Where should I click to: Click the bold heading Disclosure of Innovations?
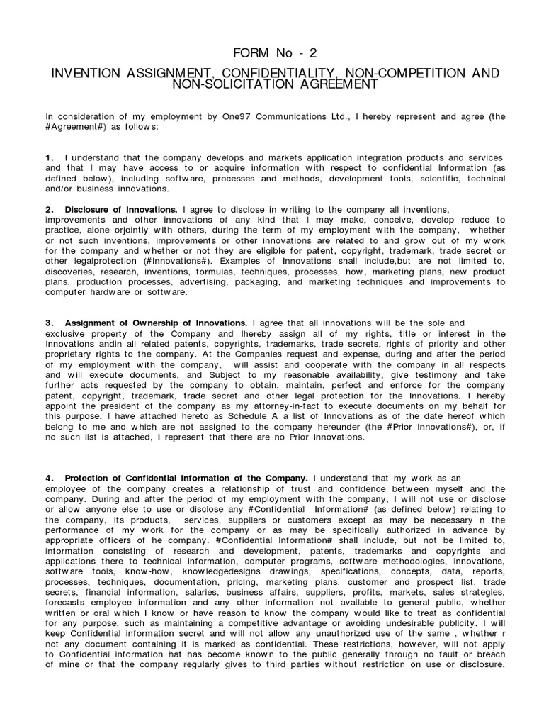121,210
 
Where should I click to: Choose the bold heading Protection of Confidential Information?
186,478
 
